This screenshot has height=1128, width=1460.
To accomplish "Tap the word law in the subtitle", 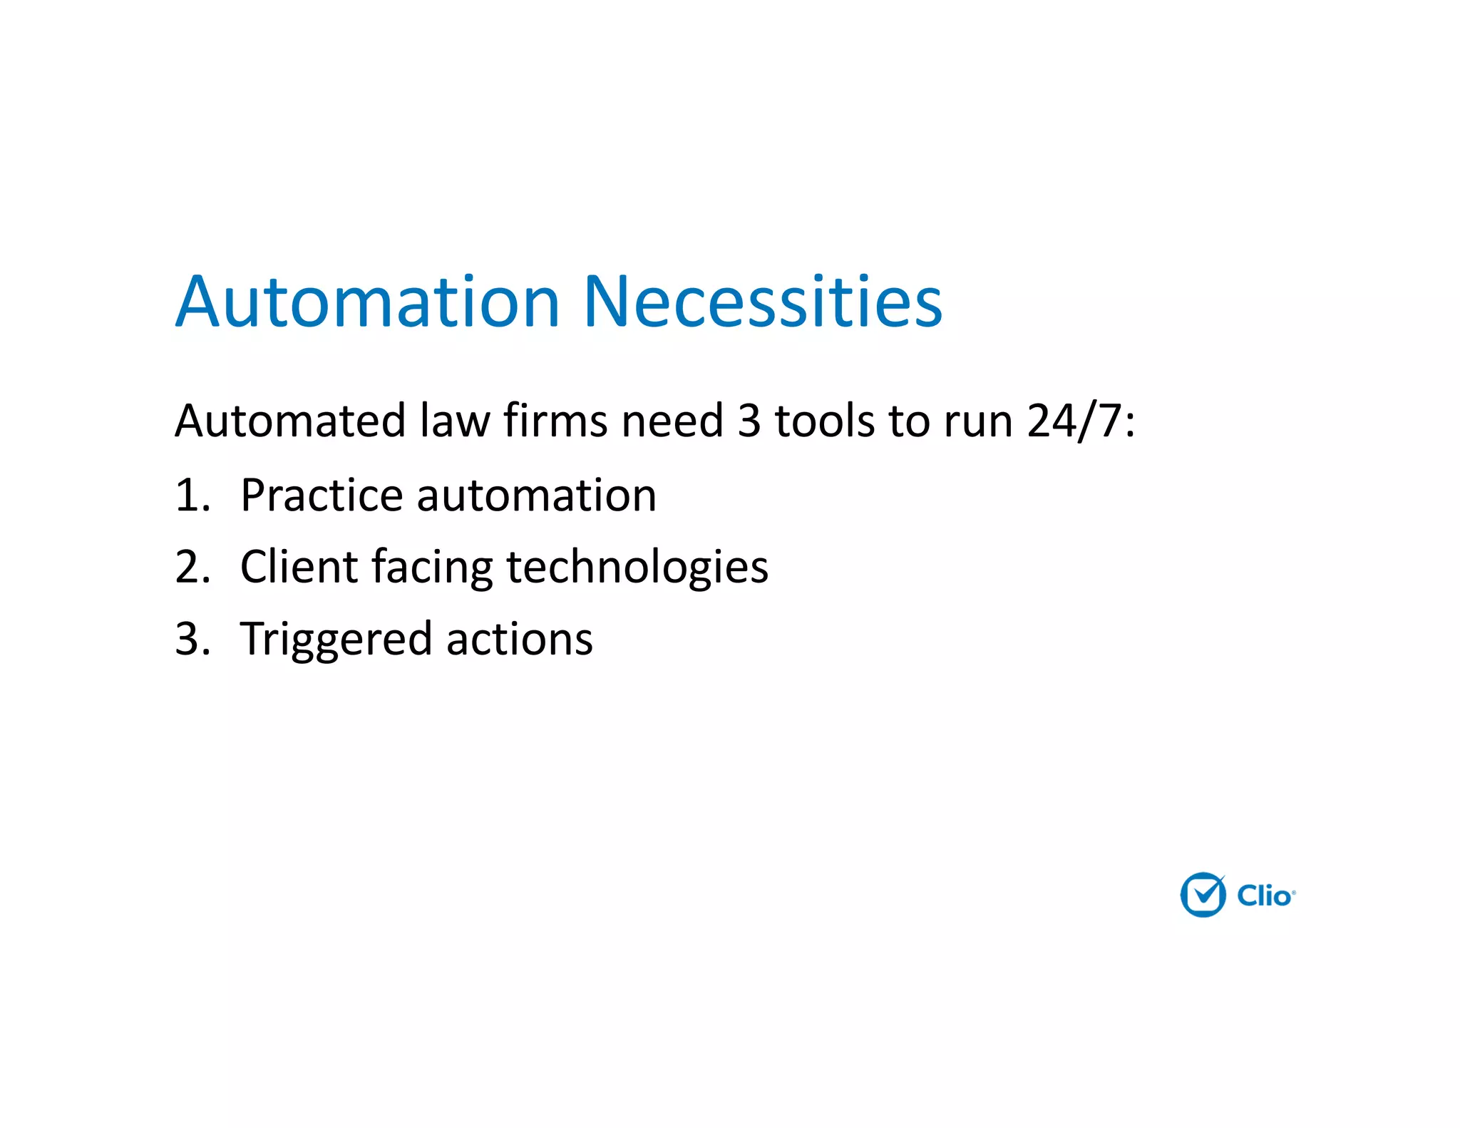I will tap(454, 420).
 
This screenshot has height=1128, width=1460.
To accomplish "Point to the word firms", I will tap(555, 420).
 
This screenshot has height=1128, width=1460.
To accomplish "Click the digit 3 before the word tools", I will tap(749, 420).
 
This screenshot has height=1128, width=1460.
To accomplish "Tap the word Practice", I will tap(322, 495).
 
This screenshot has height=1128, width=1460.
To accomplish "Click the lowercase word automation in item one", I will tap(536, 495).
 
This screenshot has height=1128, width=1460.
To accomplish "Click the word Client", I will tap(299, 567).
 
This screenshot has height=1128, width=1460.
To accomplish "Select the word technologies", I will tap(637, 567).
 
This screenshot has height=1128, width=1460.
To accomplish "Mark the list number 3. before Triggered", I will tap(192, 639).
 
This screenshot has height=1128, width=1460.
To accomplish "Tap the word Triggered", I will tap(336, 640).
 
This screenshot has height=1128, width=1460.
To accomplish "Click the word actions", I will tap(520, 639).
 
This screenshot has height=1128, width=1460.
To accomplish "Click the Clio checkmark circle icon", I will tap(1203, 894).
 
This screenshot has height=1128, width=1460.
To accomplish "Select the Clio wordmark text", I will tap(1265, 896).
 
